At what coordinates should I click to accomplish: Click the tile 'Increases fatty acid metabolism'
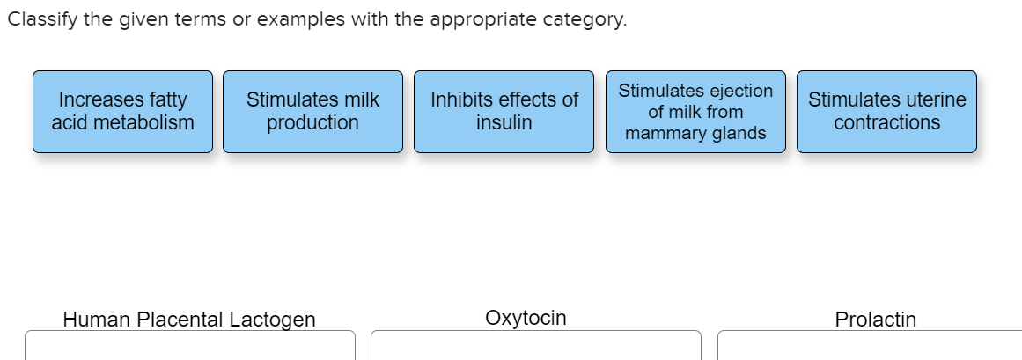[x=122, y=111]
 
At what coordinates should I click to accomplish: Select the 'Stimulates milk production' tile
[x=312, y=111]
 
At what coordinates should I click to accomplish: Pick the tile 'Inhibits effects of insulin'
[x=504, y=111]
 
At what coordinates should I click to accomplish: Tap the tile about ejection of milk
[x=695, y=111]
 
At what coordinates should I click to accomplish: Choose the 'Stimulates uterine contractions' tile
[x=886, y=111]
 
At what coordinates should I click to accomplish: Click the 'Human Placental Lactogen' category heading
[x=188, y=319]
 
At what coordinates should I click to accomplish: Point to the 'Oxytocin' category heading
[x=526, y=318]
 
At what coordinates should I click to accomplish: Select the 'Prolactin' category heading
[x=875, y=319]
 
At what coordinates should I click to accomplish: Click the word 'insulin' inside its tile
[x=504, y=122]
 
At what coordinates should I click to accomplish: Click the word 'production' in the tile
[x=312, y=122]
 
